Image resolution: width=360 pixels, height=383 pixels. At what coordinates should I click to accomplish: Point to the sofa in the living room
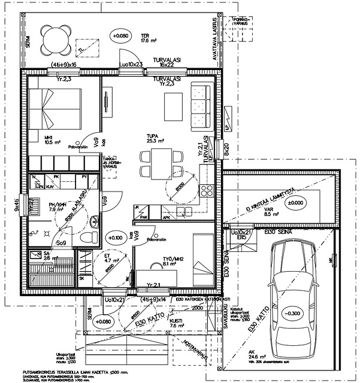[x=201, y=107]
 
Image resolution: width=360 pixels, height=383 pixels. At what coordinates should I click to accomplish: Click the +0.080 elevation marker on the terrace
[x=120, y=37]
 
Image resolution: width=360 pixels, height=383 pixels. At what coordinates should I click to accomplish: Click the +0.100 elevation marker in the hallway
[x=114, y=238]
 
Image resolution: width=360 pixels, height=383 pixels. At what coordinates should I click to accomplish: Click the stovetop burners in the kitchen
[x=208, y=191]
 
